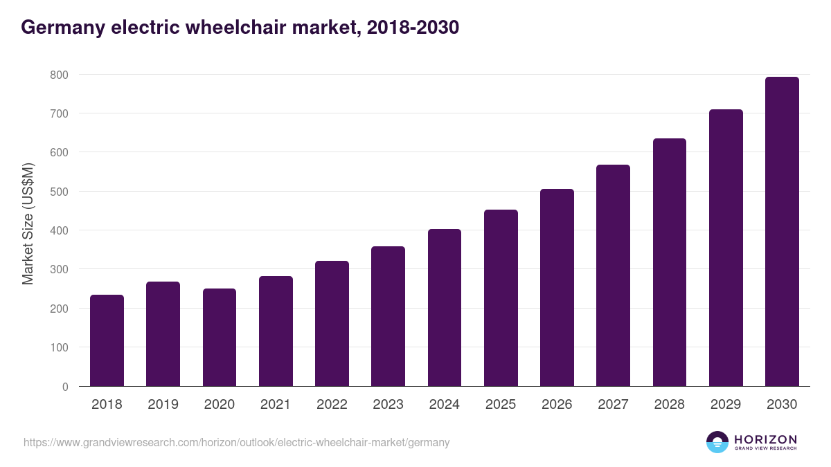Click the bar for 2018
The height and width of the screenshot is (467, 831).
point(107,340)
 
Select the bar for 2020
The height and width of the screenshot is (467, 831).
point(220,338)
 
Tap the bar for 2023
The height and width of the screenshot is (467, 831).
point(388,316)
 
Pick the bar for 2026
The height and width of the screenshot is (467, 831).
point(557,287)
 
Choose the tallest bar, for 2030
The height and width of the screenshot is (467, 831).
point(782,232)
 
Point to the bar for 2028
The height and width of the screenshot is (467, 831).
point(669,262)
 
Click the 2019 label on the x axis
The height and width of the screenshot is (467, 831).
point(163,405)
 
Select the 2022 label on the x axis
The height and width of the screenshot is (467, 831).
point(332,405)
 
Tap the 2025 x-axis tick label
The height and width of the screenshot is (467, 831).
point(501,405)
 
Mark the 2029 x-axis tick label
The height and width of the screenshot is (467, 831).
point(726,405)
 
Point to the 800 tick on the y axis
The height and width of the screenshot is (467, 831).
point(60,74)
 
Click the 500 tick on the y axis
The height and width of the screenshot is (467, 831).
point(60,192)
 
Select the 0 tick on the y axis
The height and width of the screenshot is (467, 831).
point(65,387)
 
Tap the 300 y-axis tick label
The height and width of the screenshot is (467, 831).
point(60,269)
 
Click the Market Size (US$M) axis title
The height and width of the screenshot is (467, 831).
point(28,223)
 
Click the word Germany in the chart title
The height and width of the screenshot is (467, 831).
point(62,28)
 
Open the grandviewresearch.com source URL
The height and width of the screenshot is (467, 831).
point(236,443)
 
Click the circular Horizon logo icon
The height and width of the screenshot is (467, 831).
point(717,442)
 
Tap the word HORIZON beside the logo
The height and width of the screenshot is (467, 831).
point(766,439)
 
